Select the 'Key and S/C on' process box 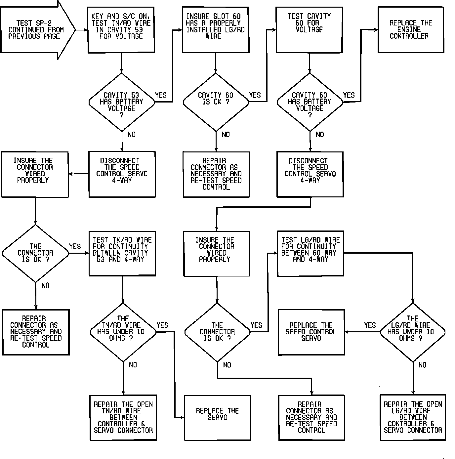point(121,30)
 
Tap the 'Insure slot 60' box point(216,30)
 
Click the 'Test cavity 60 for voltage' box point(309,30)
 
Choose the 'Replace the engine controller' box point(411,30)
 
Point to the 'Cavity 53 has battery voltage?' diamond point(121,102)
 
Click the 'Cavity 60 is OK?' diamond point(216,102)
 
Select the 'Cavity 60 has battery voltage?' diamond point(310,102)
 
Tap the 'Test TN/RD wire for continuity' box point(122,253)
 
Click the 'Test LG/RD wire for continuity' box point(310,253)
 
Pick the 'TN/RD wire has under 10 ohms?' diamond point(123,332)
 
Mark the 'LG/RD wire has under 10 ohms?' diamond point(412,332)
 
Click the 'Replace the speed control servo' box point(311,332)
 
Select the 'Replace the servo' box point(217,417)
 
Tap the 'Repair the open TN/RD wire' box point(123,417)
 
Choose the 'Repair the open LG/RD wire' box point(413,417)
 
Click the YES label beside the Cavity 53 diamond point(161,95)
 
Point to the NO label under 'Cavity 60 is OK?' point(226,135)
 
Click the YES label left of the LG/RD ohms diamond point(370,325)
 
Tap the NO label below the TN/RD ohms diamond point(133,365)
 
